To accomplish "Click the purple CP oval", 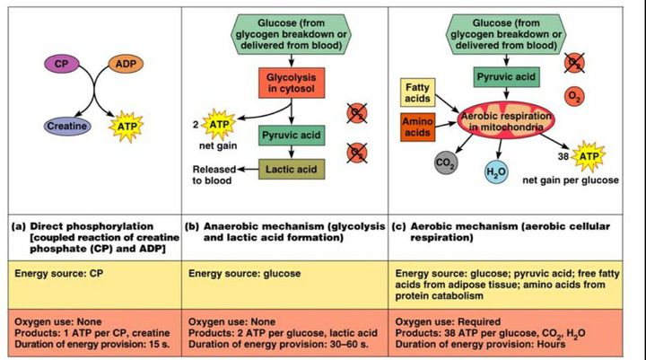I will (x=61, y=65).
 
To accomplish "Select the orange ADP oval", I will (x=125, y=65).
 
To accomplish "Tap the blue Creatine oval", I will (x=67, y=127).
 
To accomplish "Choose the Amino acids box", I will (x=417, y=126).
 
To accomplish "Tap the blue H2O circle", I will (x=495, y=171).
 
